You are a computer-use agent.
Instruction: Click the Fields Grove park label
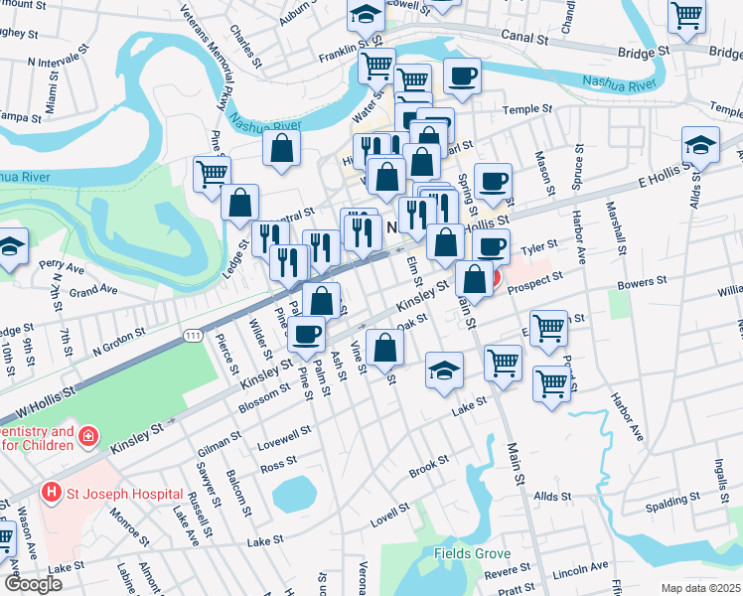pos(472,553)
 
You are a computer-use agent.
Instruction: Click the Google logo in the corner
pos(34,584)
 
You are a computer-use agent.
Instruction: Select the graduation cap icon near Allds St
pos(700,145)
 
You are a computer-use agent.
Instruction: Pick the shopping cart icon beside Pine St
pos(212,173)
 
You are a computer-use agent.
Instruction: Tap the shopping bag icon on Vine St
pos(384,347)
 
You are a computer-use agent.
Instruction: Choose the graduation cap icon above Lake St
pos(444,371)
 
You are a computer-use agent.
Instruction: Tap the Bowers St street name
pos(641,284)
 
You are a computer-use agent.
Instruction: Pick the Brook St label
pos(428,466)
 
